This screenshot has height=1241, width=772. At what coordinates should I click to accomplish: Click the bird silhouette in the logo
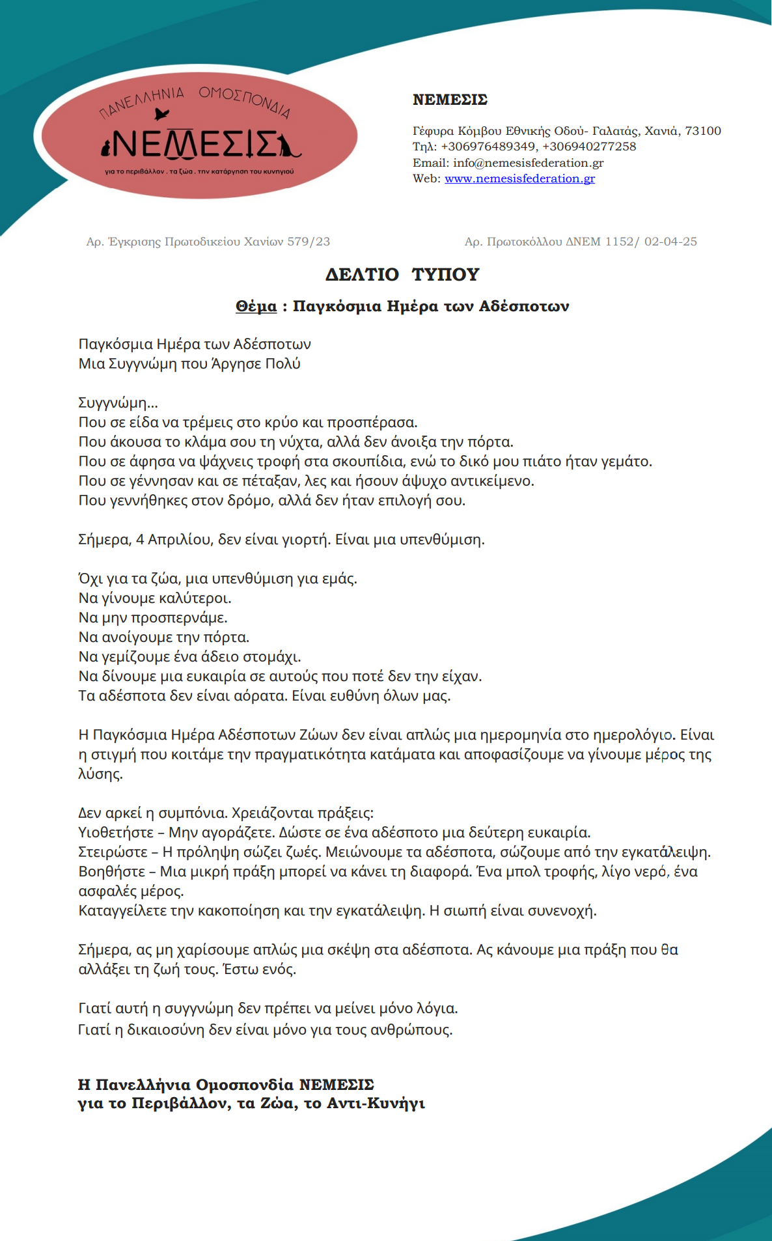point(162,115)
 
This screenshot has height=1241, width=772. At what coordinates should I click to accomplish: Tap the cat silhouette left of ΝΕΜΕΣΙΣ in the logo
point(105,149)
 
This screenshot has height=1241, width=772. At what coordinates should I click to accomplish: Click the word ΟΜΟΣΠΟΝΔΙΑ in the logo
point(245,101)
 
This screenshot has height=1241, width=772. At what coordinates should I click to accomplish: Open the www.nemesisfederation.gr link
point(519,178)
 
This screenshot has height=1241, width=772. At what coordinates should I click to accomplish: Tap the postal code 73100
point(703,131)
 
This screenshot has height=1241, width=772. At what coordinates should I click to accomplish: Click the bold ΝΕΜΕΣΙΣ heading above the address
point(450,100)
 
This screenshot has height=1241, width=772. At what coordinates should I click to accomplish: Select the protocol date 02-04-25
point(670,242)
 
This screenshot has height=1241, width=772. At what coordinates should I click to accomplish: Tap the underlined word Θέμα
point(256,306)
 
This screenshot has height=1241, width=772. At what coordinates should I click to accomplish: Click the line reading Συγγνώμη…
point(118,402)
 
